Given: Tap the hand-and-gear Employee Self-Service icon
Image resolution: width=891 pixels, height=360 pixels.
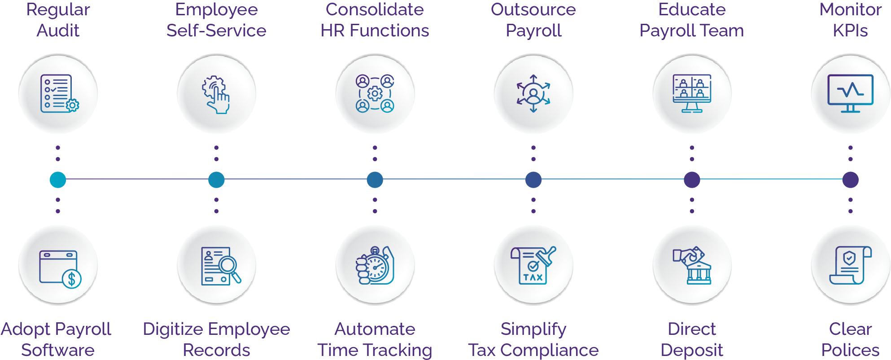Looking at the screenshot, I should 216,94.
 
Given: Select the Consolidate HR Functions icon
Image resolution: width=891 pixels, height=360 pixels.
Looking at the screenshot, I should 375,93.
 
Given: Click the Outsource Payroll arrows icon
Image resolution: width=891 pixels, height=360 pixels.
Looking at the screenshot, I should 533,93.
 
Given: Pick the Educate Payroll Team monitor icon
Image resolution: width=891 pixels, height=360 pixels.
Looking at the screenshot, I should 692,93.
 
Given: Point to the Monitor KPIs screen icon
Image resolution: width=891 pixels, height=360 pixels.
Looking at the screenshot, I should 850,93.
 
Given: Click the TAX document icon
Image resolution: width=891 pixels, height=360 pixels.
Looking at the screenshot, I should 533,265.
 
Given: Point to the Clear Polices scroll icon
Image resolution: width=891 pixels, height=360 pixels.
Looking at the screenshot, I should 850,265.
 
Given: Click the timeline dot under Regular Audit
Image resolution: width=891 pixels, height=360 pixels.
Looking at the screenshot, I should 58,180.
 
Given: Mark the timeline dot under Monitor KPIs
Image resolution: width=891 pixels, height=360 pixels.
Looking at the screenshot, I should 850,180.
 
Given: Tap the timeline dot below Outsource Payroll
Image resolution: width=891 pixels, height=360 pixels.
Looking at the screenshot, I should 533,180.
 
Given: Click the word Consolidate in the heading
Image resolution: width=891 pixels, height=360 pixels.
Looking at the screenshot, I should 375,9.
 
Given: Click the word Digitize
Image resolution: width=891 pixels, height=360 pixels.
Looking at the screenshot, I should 170,329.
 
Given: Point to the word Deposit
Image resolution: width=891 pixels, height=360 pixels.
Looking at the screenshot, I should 692,350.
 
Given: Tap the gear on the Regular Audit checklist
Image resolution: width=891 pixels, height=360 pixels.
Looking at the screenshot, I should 72,105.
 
